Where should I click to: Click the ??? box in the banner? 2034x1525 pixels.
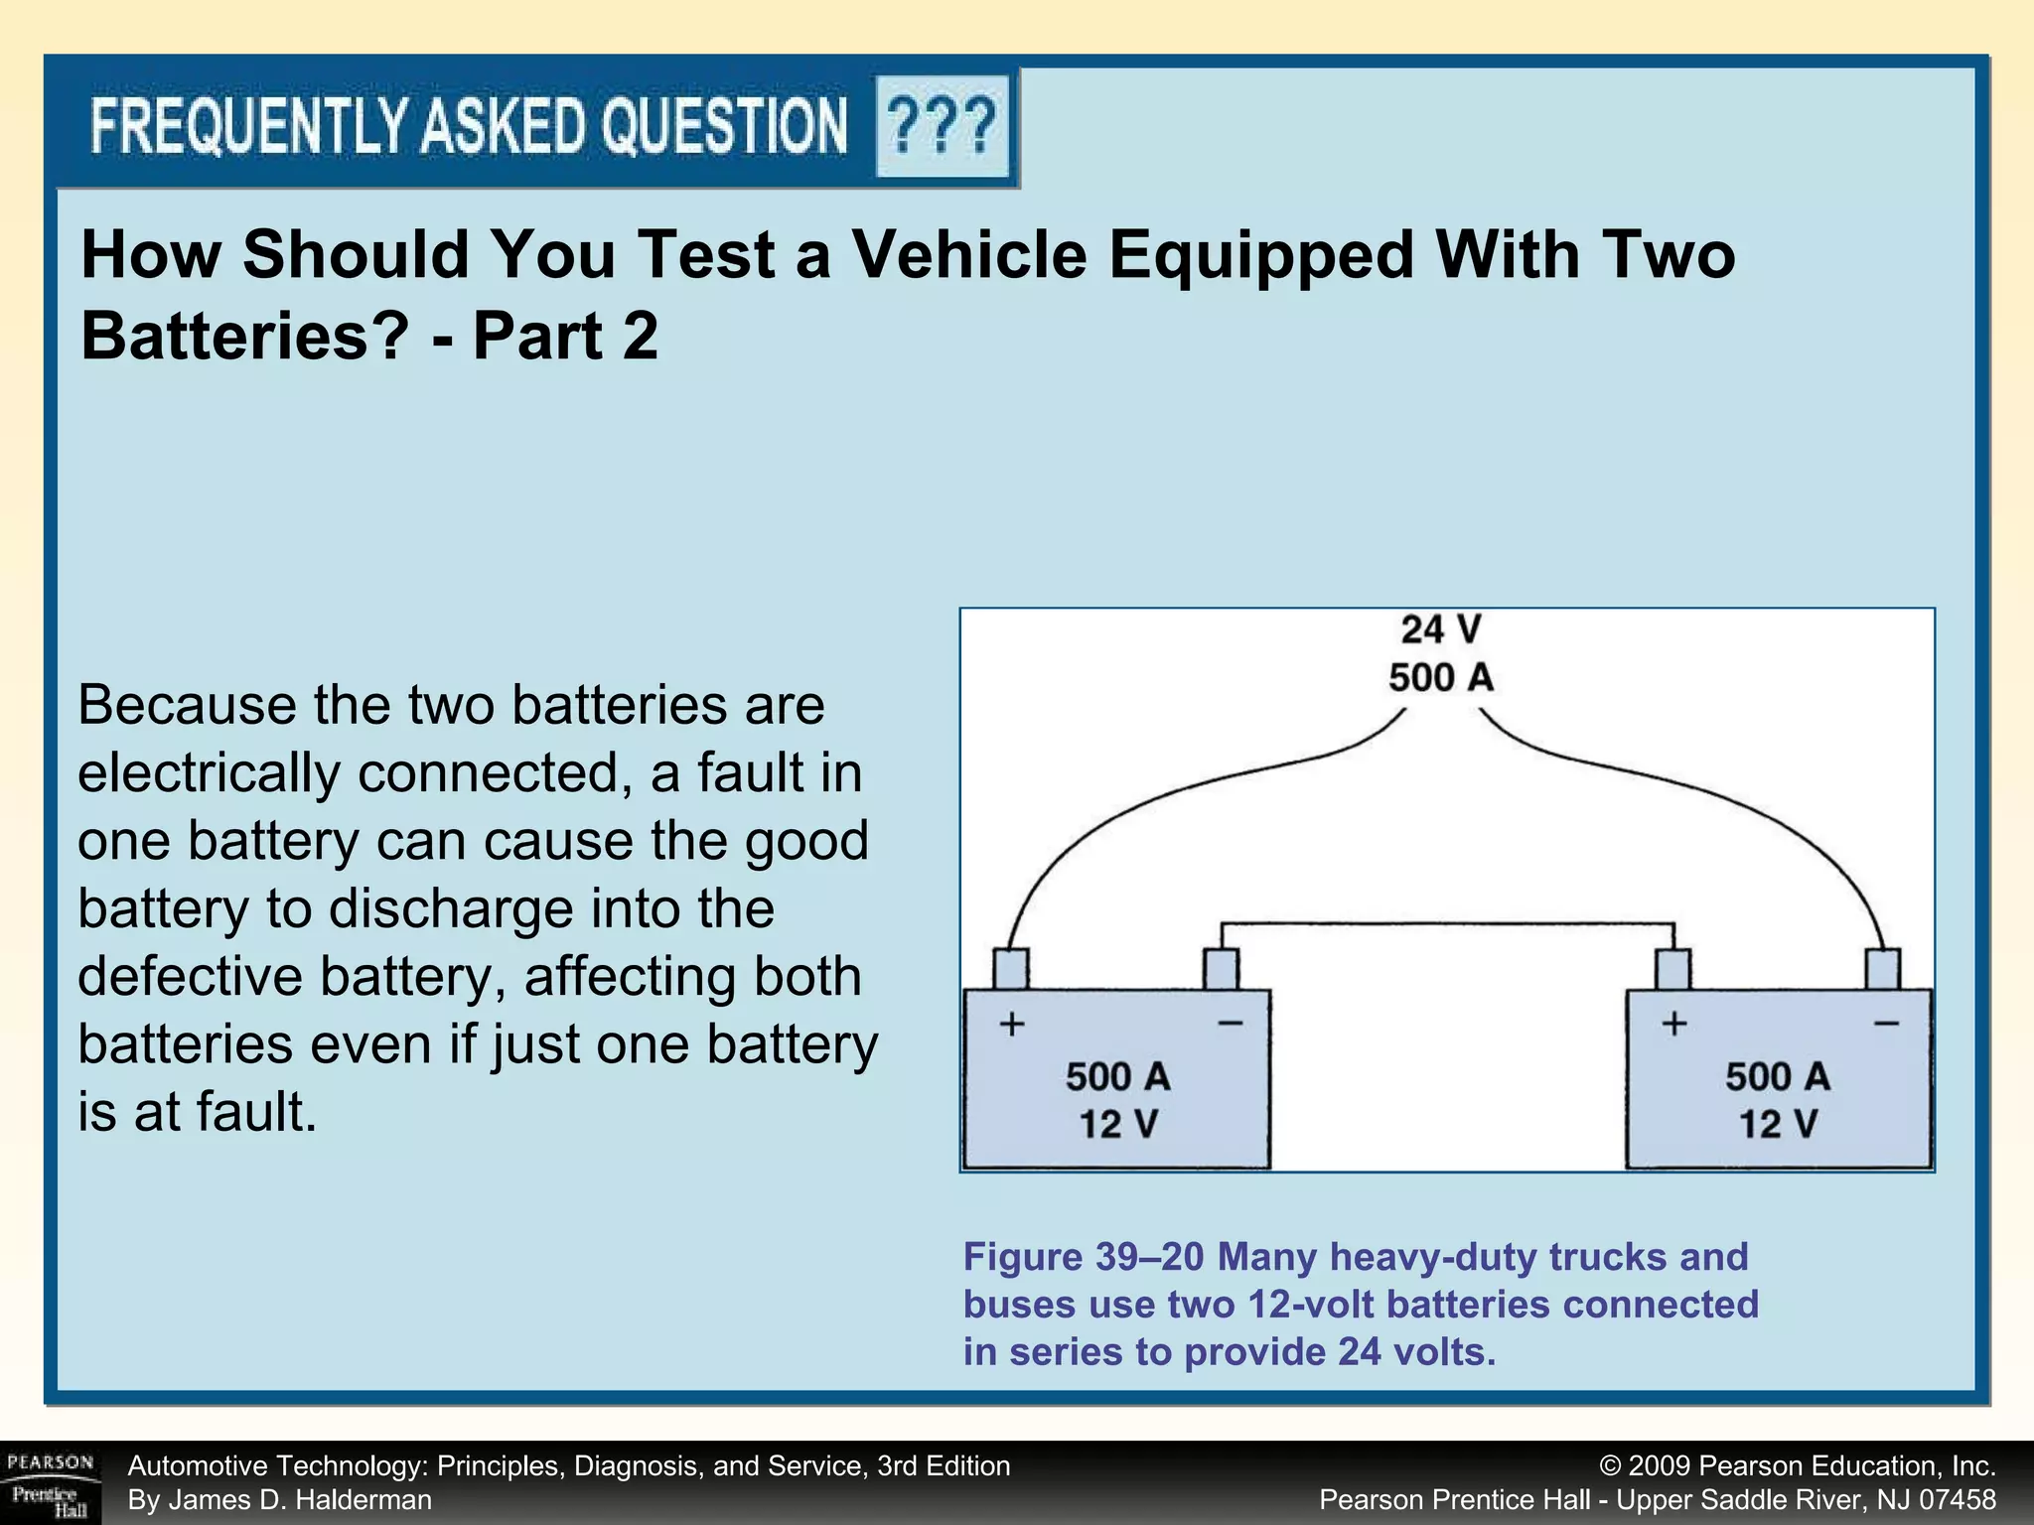(x=942, y=126)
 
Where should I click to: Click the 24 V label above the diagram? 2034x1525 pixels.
(x=1440, y=629)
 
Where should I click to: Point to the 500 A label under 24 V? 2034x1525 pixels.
(x=1440, y=678)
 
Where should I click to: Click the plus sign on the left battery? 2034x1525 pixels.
(x=1012, y=1023)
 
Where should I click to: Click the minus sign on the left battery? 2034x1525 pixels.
(x=1231, y=1023)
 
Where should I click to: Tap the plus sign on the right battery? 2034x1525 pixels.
(x=1674, y=1023)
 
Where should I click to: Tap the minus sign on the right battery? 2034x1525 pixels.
(x=1886, y=1023)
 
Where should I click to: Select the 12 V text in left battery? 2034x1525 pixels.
(x=1118, y=1124)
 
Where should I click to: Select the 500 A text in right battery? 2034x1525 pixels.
(x=1777, y=1076)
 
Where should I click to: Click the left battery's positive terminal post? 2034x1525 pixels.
(x=1011, y=968)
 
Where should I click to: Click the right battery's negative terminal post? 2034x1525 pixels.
(x=1883, y=968)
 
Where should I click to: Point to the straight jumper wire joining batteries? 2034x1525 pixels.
(x=1446, y=925)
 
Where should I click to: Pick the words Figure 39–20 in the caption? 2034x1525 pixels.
(x=1083, y=1257)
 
